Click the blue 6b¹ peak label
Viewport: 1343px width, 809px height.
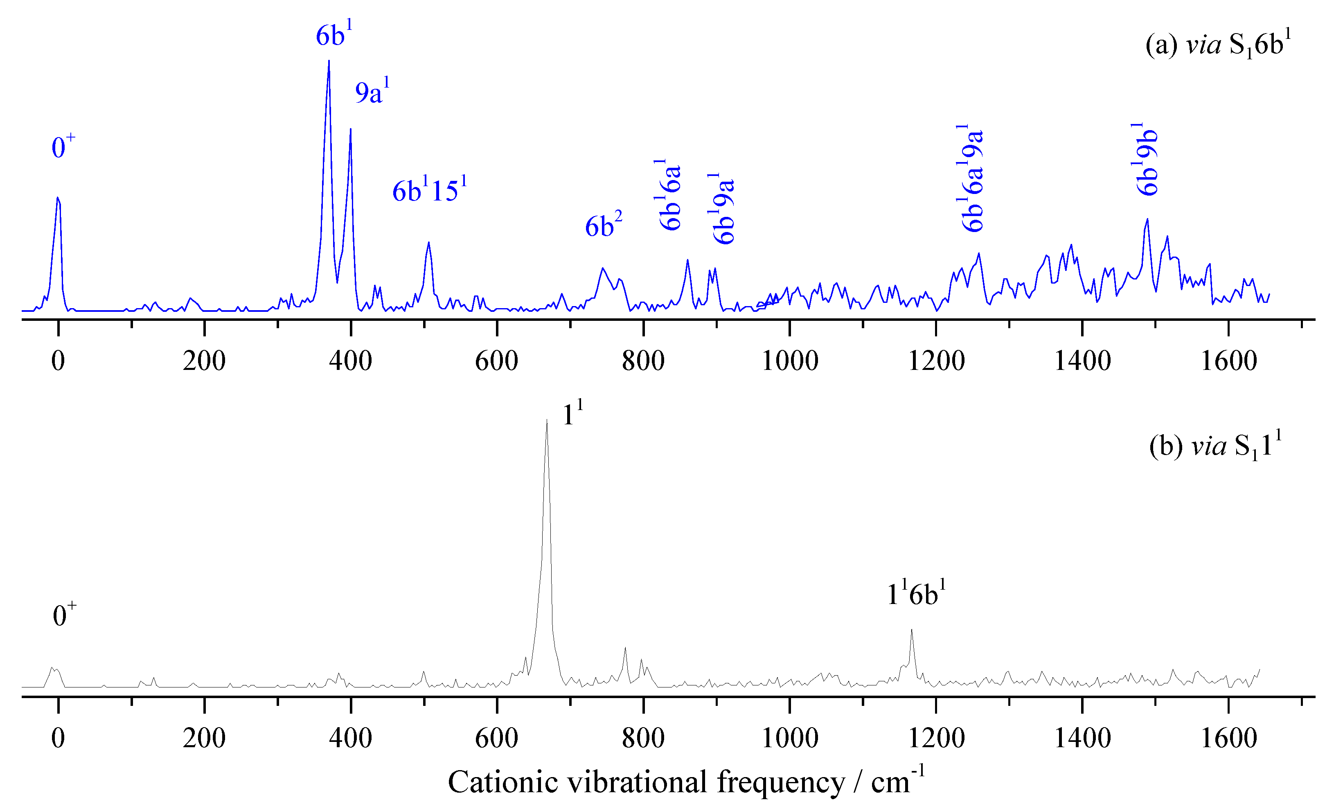333,36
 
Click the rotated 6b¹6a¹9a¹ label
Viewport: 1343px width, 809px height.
972,178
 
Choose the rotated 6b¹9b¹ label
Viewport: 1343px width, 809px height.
1147,160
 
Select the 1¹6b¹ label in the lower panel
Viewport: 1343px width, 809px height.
916,594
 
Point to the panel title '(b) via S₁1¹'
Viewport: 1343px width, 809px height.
1215,446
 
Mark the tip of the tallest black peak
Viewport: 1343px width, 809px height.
547,420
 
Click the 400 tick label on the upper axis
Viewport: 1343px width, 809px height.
350,361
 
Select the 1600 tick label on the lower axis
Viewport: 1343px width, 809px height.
1228,739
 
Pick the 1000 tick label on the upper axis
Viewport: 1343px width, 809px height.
790,361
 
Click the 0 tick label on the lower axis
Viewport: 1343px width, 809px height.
59,739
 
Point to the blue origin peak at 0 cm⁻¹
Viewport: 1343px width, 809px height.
58,198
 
